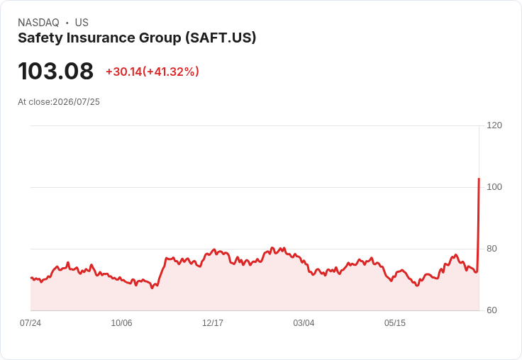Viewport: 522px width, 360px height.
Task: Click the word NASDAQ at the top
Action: click(x=38, y=23)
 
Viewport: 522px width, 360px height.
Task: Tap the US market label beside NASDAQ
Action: click(x=82, y=23)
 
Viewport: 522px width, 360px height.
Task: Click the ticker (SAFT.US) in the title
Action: click(x=221, y=38)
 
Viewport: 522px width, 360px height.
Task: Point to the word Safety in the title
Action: click(x=40, y=38)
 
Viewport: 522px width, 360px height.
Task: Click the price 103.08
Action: click(x=55, y=71)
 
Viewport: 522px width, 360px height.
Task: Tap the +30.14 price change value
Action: click(x=124, y=72)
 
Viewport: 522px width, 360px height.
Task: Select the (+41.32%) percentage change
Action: click(x=171, y=72)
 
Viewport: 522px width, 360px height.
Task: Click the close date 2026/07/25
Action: click(x=76, y=102)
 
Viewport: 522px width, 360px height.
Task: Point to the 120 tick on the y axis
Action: click(x=494, y=125)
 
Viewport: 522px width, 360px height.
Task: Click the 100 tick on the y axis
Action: click(x=494, y=187)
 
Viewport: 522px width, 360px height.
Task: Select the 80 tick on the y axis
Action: click(x=492, y=249)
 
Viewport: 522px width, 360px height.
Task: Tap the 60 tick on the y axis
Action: click(x=492, y=310)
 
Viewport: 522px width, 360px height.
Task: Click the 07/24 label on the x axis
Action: click(x=30, y=322)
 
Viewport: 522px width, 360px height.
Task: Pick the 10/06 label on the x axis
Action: click(x=121, y=322)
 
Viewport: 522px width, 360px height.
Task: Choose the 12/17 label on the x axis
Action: click(x=213, y=322)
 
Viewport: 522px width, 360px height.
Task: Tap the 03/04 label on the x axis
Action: click(x=304, y=322)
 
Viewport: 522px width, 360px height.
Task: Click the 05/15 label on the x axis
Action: click(x=395, y=322)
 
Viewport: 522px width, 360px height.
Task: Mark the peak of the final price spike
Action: click(x=479, y=179)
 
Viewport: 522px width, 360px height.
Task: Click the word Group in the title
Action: click(x=160, y=38)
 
